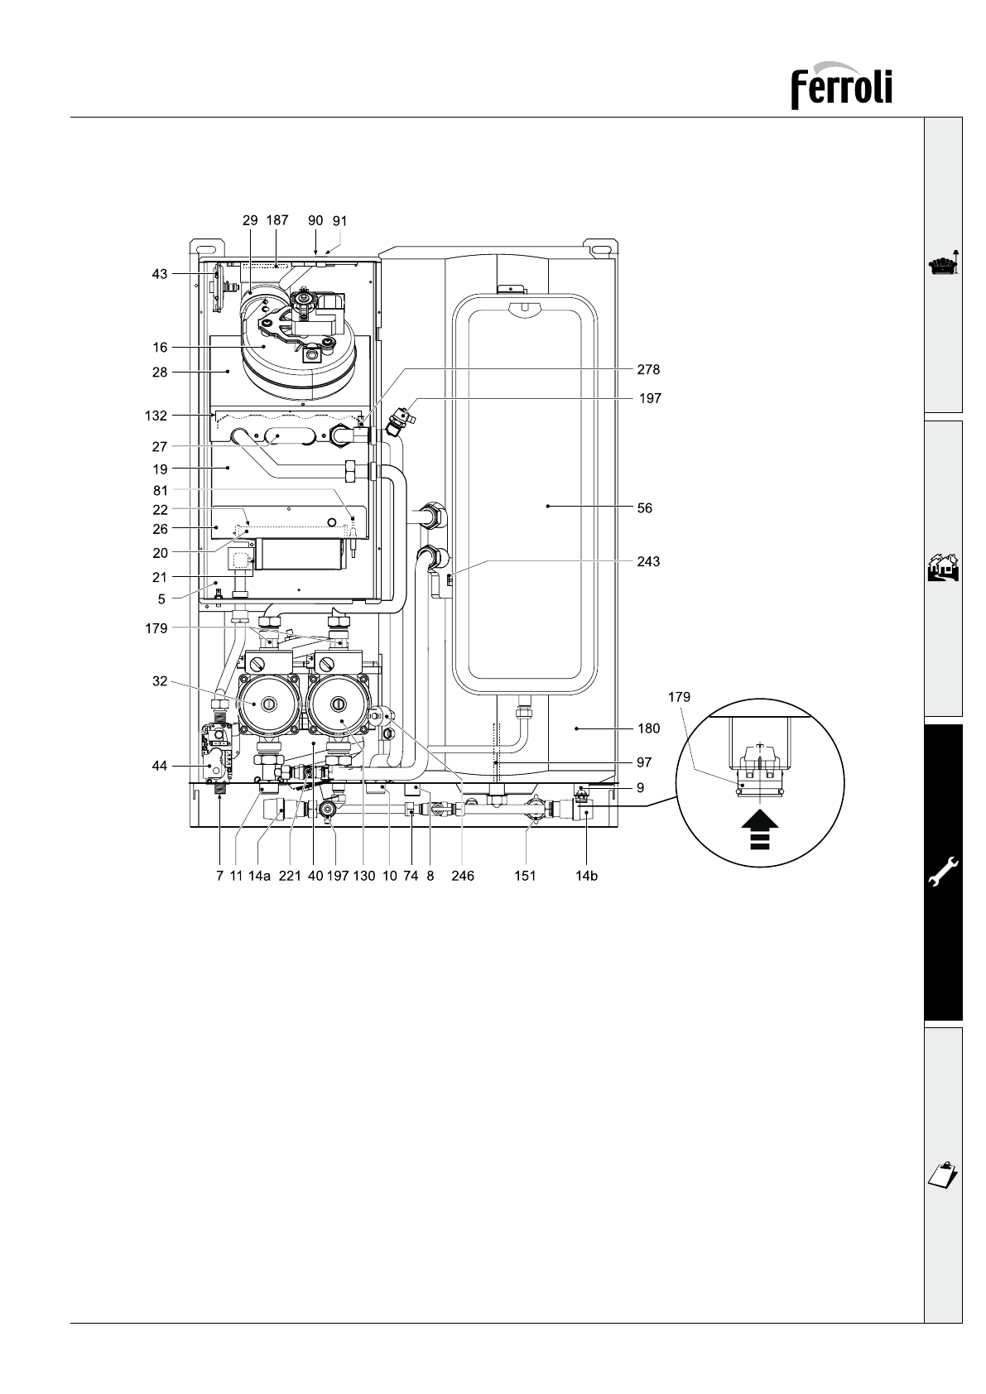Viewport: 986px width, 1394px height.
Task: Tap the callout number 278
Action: [x=648, y=370]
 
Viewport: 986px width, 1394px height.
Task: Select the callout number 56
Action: [x=644, y=508]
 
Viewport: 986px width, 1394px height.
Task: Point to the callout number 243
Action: [x=648, y=561]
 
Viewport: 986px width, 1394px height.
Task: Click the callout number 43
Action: [x=160, y=274]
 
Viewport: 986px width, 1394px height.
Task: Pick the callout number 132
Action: [x=156, y=416]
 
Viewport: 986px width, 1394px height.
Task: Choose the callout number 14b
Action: [x=586, y=877]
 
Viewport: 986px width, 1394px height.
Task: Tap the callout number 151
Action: [x=525, y=877]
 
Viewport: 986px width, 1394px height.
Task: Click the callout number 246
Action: [x=463, y=877]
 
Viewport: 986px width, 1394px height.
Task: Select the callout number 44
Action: [x=160, y=766]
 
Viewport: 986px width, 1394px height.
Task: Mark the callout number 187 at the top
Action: [x=277, y=220]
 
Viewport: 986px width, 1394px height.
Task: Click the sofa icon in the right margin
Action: [x=944, y=265]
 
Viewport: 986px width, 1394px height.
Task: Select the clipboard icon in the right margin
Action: [x=944, y=1175]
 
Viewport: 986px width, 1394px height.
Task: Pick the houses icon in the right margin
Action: [x=944, y=568]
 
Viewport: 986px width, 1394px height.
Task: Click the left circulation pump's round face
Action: [x=267, y=704]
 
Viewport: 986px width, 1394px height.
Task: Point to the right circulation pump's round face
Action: [x=338, y=704]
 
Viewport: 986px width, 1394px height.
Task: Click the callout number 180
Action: [x=648, y=728]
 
